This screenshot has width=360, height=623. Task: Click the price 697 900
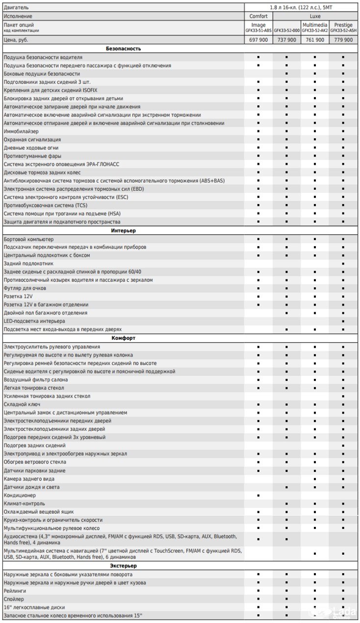click(x=258, y=40)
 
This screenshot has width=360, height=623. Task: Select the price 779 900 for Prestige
click(x=343, y=40)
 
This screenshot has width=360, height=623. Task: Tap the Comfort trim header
click(x=258, y=16)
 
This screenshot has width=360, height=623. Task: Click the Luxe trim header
click(x=315, y=16)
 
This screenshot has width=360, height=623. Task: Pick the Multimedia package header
click(x=315, y=25)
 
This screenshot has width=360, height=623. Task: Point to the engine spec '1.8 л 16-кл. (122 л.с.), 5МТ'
click(x=301, y=7)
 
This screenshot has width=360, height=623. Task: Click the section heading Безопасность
click(x=124, y=49)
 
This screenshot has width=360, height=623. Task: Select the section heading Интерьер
click(x=124, y=230)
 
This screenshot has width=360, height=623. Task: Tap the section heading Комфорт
click(x=124, y=338)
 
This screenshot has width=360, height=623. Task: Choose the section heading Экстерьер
click(x=124, y=566)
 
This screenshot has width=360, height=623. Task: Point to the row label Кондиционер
click(x=20, y=495)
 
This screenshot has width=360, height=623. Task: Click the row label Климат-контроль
click(x=24, y=503)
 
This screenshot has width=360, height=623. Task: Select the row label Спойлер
click(x=14, y=598)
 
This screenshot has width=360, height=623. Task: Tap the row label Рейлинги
click(x=15, y=591)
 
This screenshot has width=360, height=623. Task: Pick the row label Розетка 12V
click(x=18, y=297)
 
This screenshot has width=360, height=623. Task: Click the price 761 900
click(x=315, y=40)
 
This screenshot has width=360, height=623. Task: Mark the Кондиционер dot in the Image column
click(x=258, y=496)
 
